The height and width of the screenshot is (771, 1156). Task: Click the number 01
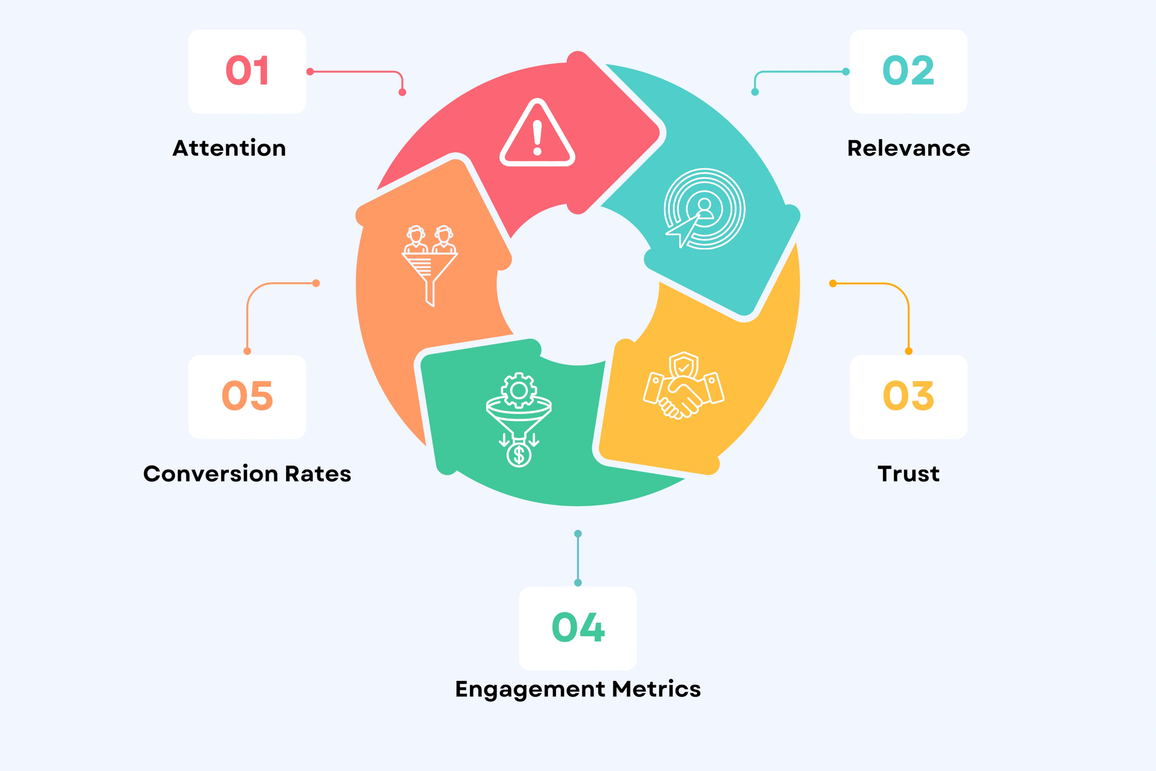247,70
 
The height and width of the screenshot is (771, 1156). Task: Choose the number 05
247,395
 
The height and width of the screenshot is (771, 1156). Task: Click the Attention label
229,148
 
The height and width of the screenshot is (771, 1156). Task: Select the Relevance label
908,148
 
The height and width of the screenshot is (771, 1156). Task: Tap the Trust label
908,474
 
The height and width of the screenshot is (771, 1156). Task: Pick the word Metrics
656,689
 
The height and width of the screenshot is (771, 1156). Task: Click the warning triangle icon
537,133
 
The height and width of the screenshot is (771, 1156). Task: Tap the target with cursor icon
704,209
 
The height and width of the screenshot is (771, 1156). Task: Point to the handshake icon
684,386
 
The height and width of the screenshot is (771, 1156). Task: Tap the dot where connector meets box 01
310,72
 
